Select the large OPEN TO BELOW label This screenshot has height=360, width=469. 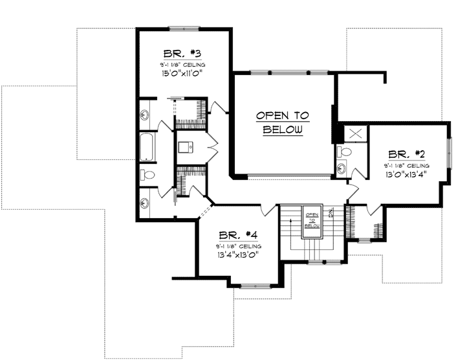point(282,122)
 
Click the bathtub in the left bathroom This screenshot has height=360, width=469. point(146,146)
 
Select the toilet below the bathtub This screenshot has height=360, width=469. point(146,174)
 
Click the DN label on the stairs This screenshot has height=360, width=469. point(330,212)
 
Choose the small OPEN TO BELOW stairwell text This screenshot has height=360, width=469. point(312,220)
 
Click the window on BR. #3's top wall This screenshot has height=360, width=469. point(184,28)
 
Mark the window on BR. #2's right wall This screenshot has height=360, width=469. point(448,153)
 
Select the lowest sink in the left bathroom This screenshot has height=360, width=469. point(144,203)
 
